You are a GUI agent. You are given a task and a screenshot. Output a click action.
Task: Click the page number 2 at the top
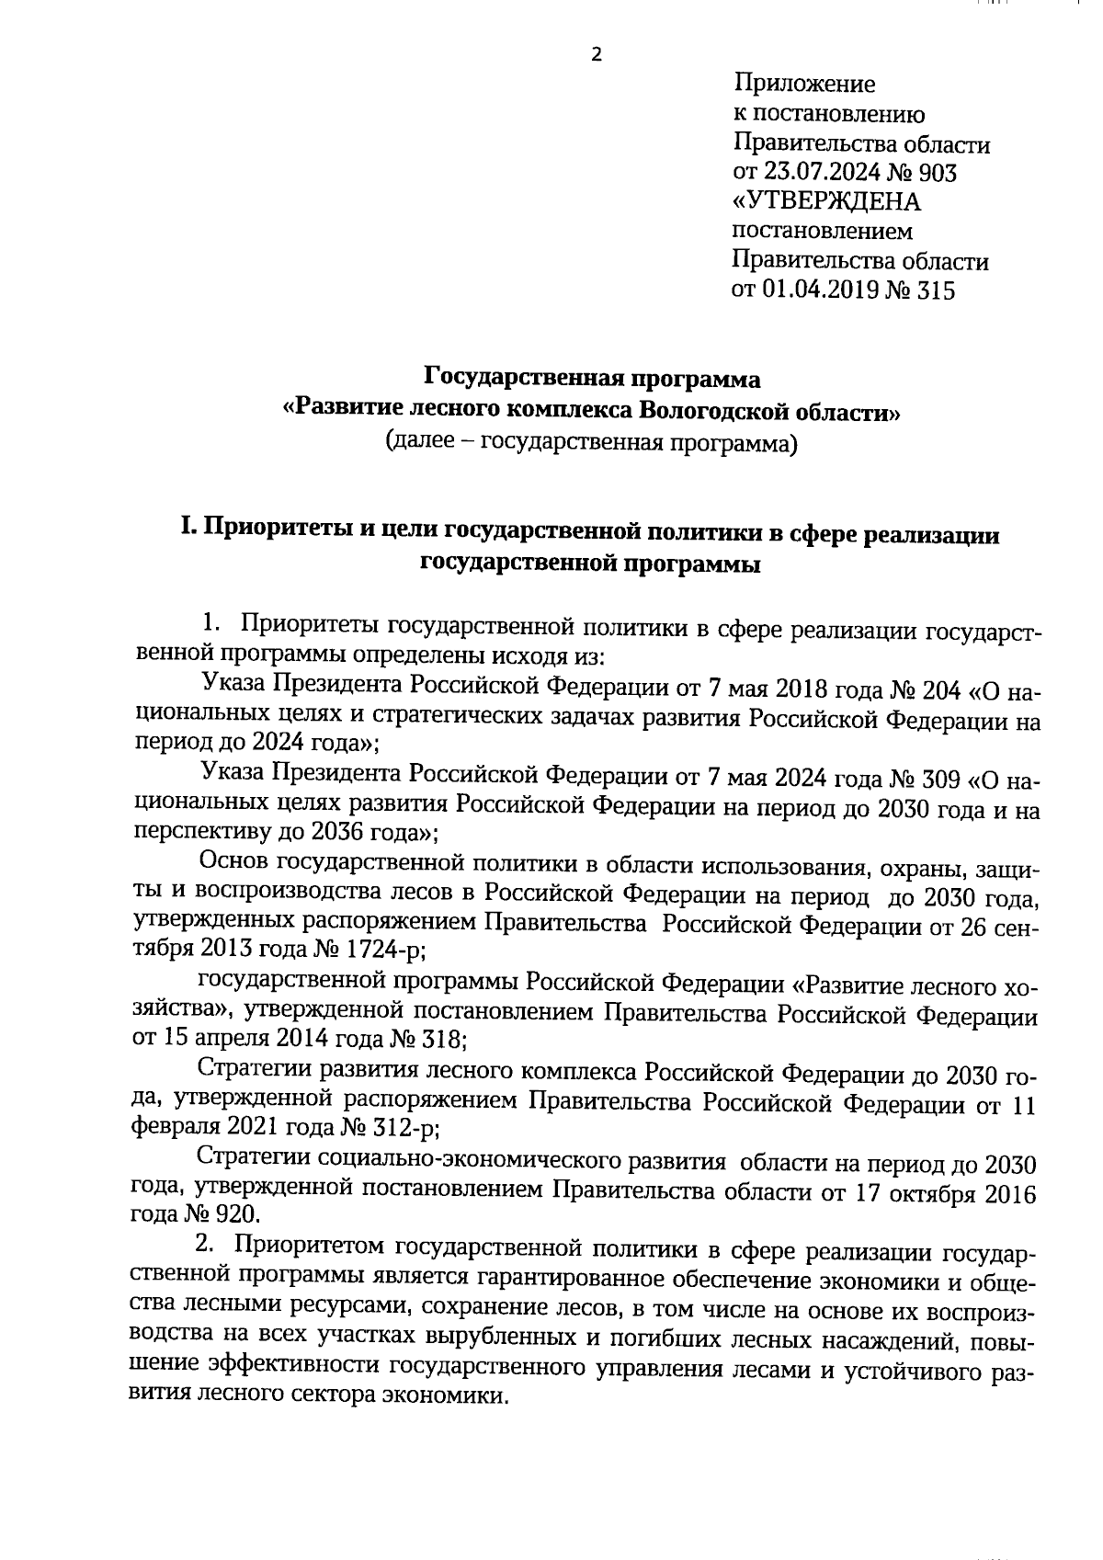[596, 55]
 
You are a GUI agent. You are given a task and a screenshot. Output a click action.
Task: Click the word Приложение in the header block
[803, 85]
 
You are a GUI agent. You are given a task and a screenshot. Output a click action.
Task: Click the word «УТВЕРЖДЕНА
[825, 202]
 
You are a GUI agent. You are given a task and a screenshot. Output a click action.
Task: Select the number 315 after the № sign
[934, 290]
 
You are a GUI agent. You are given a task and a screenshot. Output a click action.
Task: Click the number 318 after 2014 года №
[444, 1040]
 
